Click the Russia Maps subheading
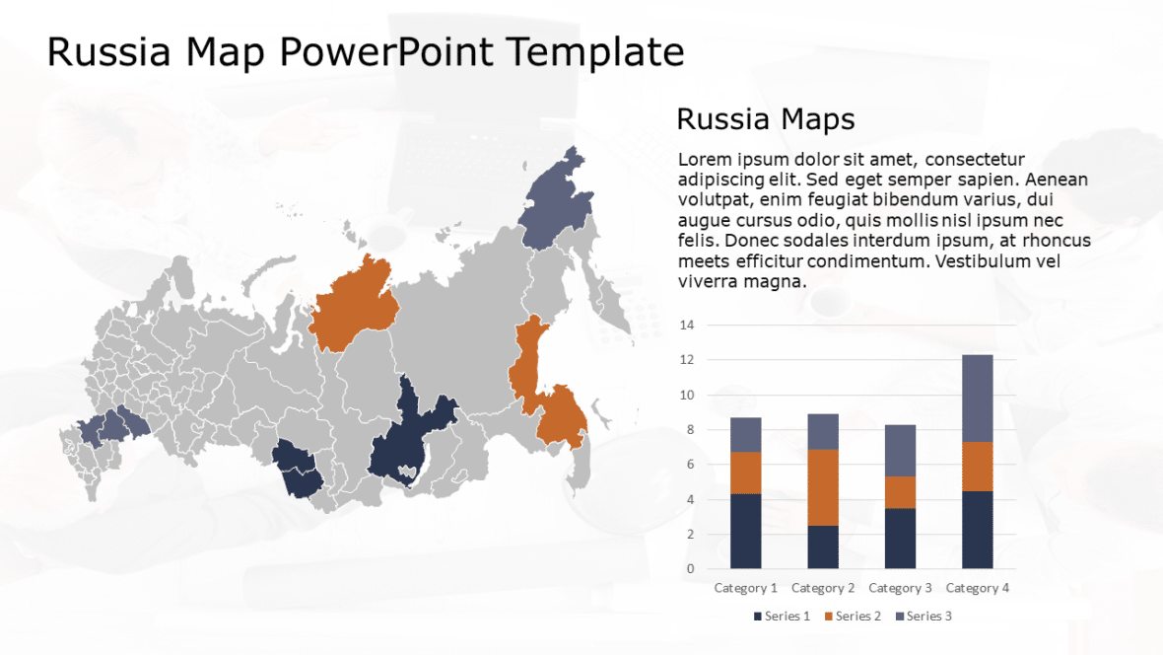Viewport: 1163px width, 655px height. (765, 119)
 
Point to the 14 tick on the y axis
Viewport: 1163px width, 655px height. (687, 326)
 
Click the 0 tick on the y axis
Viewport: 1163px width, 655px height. (690, 569)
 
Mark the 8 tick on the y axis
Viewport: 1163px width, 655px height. (690, 430)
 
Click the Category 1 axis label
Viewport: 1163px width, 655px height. (745, 588)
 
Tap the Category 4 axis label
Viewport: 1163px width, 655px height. (978, 588)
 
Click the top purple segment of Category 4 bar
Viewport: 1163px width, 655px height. (978, 398)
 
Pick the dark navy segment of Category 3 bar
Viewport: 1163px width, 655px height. (900, 538)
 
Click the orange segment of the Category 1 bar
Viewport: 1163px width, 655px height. (745, 473)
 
